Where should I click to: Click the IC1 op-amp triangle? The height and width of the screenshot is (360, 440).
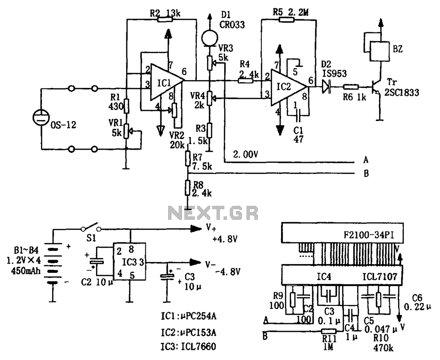pyautogui.click(x=166, y=82)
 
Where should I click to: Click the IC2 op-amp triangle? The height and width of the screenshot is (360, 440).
pyautogui.click(x=287, y=88)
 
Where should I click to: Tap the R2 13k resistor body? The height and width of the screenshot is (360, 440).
pyautogui.click(x=165, y=19)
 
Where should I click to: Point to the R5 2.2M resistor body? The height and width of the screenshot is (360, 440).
pyautogui.click(x=286, y=19)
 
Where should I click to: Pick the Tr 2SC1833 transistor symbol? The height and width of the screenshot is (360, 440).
pyautogui.click(x=375, y=88)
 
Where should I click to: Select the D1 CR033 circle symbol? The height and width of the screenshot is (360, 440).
pyautogui.click(x=210, y=37)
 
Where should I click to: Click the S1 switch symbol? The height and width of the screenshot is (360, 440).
pyautogui.click(x=91, y=228)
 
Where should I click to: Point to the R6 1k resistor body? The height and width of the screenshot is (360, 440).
pyautogui.click(x=351, y=87)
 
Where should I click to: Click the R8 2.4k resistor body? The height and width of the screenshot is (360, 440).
pyautogui.click(x=188, y=188)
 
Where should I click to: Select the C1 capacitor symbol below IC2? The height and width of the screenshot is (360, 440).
pyautogui.click(x=298, y=115)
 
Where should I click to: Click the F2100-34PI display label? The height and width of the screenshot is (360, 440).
pyautogui.click(x=369, y=235)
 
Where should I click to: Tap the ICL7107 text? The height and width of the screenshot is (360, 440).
pyautogui.click(x=380, y=277)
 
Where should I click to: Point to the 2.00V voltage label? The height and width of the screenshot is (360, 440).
pyautogui.click(x=245, y=154)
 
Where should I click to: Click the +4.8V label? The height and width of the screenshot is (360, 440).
pyautogui.click(x=225, y=239)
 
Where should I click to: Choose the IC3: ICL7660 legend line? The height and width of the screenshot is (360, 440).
pyautogui.click(x=189, y=346)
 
